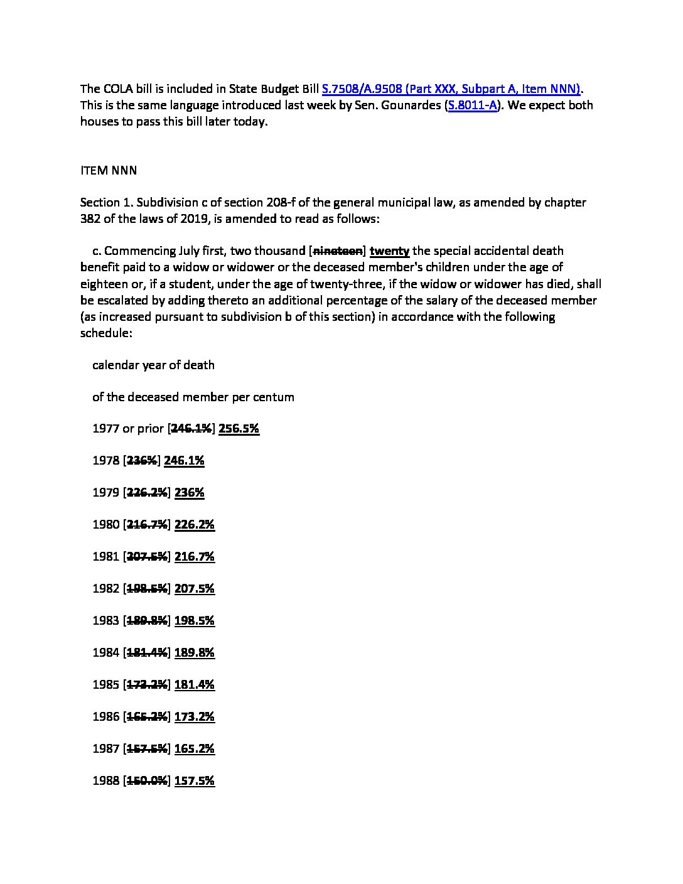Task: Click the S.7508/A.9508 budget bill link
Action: click(x=451, y=89)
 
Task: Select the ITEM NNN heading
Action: click(x=109, y=170)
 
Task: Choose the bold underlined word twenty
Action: click(x=389, y=251)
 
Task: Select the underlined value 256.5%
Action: click(x=239, y=429)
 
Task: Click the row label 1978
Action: click(x=105, y=461)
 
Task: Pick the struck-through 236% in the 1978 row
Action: click(x=142, y=461)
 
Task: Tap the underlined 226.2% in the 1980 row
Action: click(x=194, y=525)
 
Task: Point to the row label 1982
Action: click(x=105, y=589)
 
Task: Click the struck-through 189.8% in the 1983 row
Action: click(x=147, y=621)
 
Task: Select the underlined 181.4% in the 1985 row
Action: click(x=194, y=685)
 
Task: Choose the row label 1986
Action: click(x=105, y=717)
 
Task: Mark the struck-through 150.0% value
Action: click(x=147, y=781)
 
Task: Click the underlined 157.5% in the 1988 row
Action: click(x=194, y=781)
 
